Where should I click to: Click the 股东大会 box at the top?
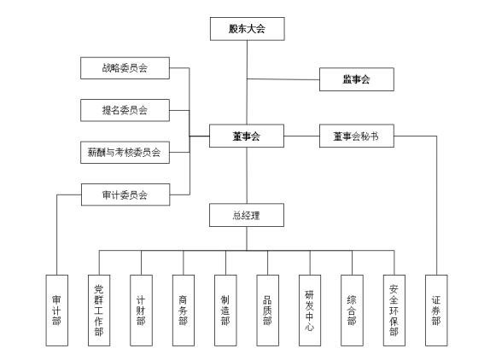click(x=247, y=29)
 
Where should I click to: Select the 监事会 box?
click(x=356, y=80)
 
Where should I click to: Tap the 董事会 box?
click(x=247, y=136)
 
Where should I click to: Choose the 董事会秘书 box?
click(x=356, y=136)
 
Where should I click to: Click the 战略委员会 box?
click(x=125, y=67)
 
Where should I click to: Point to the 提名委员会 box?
click(x=125, y=109)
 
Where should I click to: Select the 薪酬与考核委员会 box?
click(x=125, y=153)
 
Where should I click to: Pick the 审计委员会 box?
click(x=125, y=195)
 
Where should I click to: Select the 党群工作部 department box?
click(x=99, y=310)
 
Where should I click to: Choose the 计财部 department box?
click(x=141, y=310)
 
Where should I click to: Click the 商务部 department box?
click(x=183, y=310)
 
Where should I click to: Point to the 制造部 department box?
click(x=225, y=310)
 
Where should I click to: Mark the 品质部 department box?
click(x=267, y=310)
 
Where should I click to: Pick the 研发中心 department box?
click(x=309, y=310)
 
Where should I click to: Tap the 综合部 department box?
click(x=352, y=310)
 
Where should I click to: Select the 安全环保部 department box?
click(x=394, y=310)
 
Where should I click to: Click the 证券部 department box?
click(x=435, y=310)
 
